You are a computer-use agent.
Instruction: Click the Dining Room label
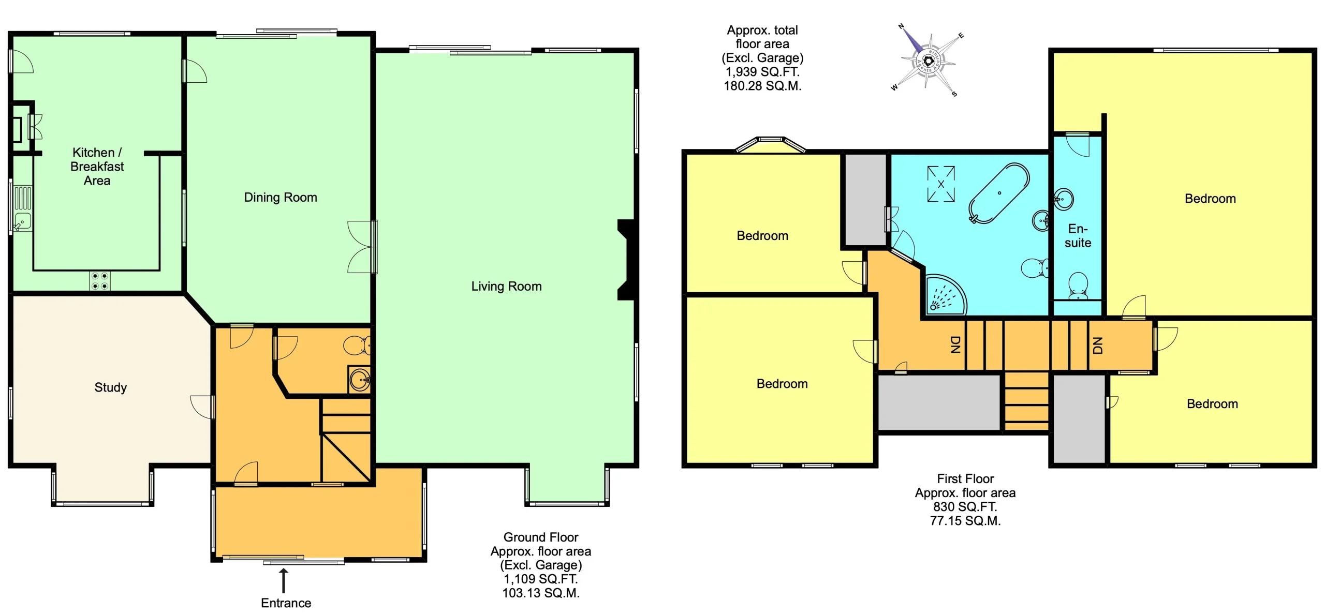point(280,197)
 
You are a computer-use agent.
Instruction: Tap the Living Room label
point(506,286)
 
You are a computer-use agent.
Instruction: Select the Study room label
point(110,387)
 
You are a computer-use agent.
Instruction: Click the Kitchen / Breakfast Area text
point(97,166)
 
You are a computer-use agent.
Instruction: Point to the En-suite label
point(1078,236)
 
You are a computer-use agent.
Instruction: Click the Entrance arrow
point(283,580)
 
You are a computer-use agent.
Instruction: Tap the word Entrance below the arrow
point(286,603)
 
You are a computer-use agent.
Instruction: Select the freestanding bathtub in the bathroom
point(998,193)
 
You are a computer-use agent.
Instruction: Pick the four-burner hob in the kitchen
point(99,281)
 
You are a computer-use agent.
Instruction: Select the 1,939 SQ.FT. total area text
point(762,72)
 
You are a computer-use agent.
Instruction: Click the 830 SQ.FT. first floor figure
point(965,506)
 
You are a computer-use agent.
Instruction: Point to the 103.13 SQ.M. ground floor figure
point(540,593)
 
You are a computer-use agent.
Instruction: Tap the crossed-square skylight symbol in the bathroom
point(940,184)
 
